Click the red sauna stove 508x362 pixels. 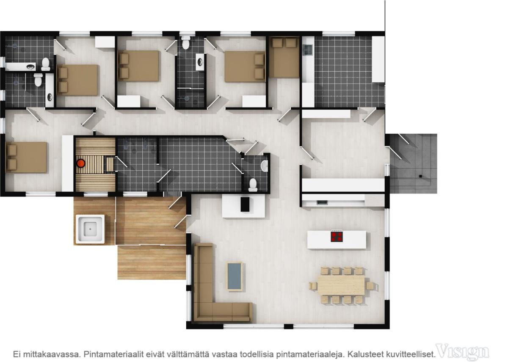[81, 163]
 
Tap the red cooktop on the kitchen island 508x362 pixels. [337, 237]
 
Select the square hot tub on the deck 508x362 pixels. [90, 229]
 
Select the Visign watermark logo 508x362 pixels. [463, 351]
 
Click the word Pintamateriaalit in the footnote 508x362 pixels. [113, 354]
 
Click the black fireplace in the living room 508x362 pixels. [245, 204]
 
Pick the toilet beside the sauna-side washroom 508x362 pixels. [253, 185]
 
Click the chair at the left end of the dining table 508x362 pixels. [313, 285]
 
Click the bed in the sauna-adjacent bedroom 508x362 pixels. [26, 158]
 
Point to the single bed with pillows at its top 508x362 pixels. [284, 58]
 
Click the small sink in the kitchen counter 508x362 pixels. [322, 202]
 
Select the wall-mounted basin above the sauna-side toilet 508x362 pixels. [264, 166]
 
